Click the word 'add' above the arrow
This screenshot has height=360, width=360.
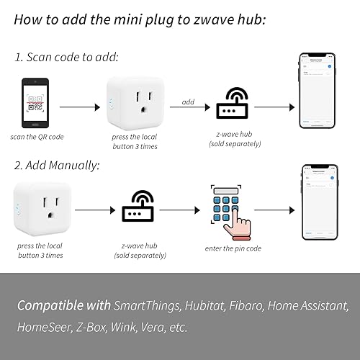coord(187,102)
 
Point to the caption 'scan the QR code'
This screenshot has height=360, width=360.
coord(35,136)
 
